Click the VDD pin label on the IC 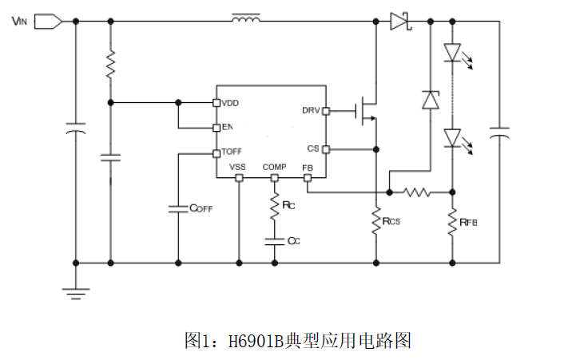(231, 103)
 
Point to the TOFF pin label (232, 152)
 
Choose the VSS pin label (237, 167)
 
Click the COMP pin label (274, 167)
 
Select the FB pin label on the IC (308, 167)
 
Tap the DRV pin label (311, 110)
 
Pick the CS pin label (313, 148)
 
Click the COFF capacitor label (201, 208)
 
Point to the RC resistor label (289, 206)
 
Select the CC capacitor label (293, 240)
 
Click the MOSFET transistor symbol (367, 111)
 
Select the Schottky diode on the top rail (400, 22)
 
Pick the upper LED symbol (452, 53)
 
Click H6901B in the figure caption (254, 341)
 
